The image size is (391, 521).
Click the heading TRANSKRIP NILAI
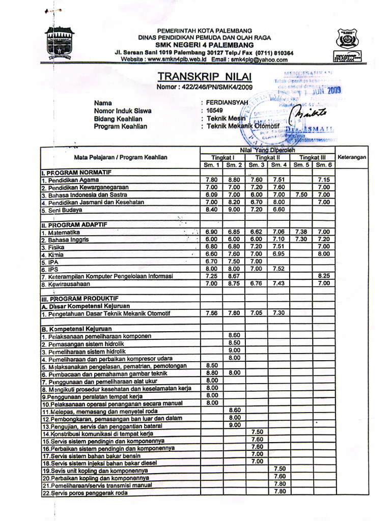pyautogui.click(x=205, y=76)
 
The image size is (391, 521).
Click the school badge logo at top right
pyautogui.click(x=347, y=40)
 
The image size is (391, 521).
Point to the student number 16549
pyautogui.click(x=214, y=110)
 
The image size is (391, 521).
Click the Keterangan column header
pyautogui.click(x=352, y=157)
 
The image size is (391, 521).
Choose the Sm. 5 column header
pyautogui.click(x=301, y=165)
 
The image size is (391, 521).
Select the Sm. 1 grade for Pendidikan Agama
pyautogui.click(x=212, y=180)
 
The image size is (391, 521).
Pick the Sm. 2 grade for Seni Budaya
pyautogui.click(x=234, y=209)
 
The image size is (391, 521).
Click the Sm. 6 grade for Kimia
pyautogui.click(x=324, y=254)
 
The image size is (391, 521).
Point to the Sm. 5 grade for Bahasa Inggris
pyautogui.click(x=301, y=239)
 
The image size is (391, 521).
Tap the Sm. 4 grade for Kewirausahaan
pyautogui.click(x=278, y=283)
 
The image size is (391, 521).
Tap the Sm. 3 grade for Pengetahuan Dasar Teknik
pyautogui.click(x=256, y=313)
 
